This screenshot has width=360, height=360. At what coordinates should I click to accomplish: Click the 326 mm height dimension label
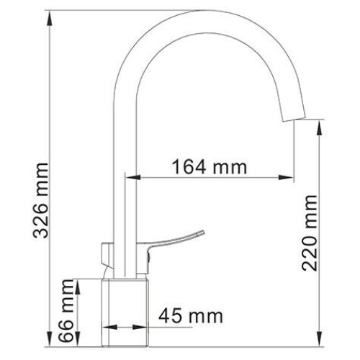tap(41, 200)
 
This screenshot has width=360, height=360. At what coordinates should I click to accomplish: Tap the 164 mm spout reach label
tap(210, 166)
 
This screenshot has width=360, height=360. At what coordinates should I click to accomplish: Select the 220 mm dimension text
tap(310, 233)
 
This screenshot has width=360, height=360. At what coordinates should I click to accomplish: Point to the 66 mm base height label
tap(66, 311)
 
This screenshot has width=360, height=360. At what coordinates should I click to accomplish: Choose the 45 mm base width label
tap(191, 316)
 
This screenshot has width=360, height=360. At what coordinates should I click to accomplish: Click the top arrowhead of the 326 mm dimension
tap(50, 19)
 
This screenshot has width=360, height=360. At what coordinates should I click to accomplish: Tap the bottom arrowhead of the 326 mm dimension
tap(50, 339)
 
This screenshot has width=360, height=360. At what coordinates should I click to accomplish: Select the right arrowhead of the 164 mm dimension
tap(286, 178)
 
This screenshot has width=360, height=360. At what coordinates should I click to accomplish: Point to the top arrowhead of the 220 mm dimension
tap(320, 128)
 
